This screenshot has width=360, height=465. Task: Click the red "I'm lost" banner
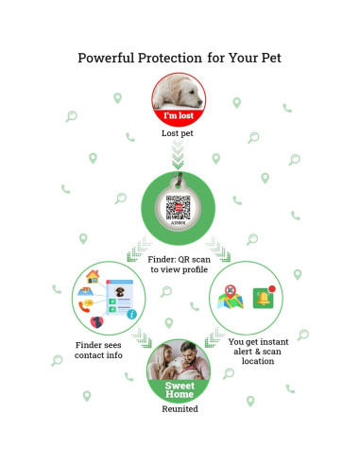tap(180, 116)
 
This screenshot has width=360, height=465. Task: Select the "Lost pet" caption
tap(180, 133)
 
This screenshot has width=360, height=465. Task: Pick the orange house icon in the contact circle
tap(93, 278)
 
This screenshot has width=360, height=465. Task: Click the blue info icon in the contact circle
tap(131, 314)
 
